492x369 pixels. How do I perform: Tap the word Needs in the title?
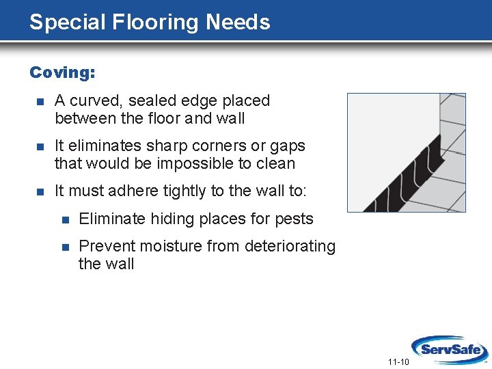pyautogui.click(x=238, y=22)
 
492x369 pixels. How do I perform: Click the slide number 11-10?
pyautogui.click(x=398, y=361)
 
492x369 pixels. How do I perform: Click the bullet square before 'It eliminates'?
pyautogui.click(x=40, y=146)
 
